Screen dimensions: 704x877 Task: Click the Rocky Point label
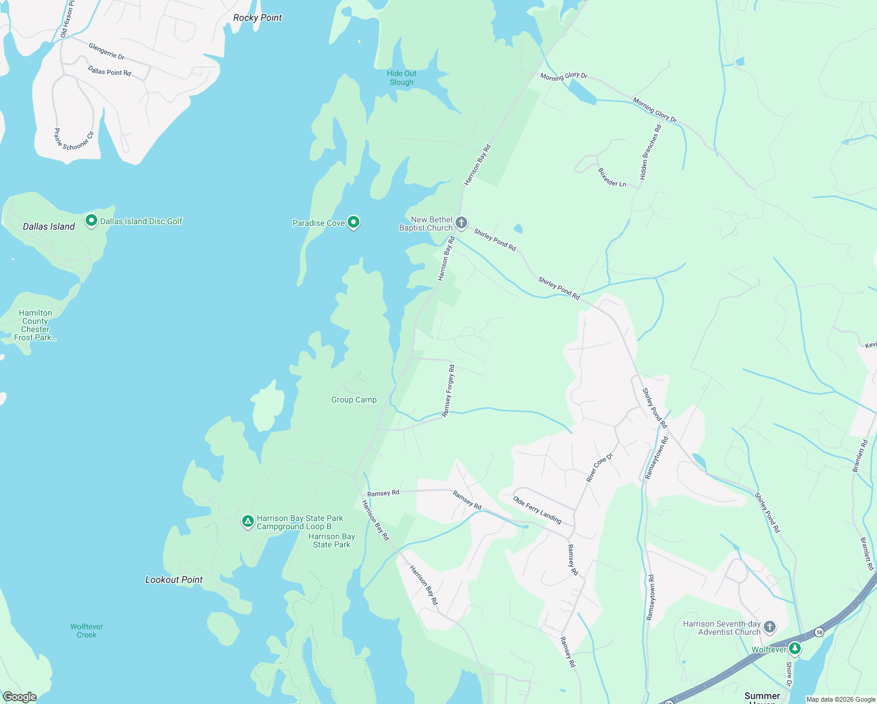pyautogui.click(x=257, y=18)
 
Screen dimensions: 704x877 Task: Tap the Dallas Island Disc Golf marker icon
pyautogui.click(x=91, y=221)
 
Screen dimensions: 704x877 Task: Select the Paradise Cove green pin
pyautogui.click(x=353, y=222)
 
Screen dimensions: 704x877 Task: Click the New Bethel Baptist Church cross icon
pyautogui.click(x=461, y=222)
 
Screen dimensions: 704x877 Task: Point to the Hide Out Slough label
pyautogui.click(x=402, y=78)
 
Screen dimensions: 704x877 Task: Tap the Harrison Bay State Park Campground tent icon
pyautogui.click(x=248, y=520)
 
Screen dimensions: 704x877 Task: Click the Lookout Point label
pyautogui.click(x=174, y=580)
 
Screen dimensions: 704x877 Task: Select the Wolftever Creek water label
pyautogui.click(x=87, y=631)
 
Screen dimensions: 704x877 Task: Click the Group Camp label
pyautogui.click(x=354, y=400)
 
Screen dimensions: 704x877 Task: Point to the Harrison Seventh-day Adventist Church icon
pyautogui.click(x=770, y=627)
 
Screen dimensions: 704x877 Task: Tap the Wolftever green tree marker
pyautogui.click(x=795, y=648)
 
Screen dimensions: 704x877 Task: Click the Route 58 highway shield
pyautogui.click(x=819, y=632)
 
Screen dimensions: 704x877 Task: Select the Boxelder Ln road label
pyautogui.click(x=612, y=178)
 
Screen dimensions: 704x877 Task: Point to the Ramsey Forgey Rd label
pyautogui.click(x=448, y=391)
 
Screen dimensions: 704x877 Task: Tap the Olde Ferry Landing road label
pyautogui.click(x=537, y=510)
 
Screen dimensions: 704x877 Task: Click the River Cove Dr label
pyautogui.click(x=600, y=468)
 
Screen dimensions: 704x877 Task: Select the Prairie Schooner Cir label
pyautogui.click(x=74, y=140)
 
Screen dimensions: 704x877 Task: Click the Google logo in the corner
pyautogui.click(x=19, y=696)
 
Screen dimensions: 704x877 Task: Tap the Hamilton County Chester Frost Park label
pyautogui.click(x=35, y=325)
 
